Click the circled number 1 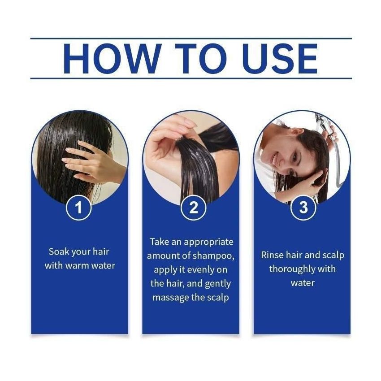point(79,208)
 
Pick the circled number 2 point(190,208)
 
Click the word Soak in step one point(59,251)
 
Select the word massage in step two point(170,297)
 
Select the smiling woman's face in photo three point(282,155)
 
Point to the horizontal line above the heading point(190,39)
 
